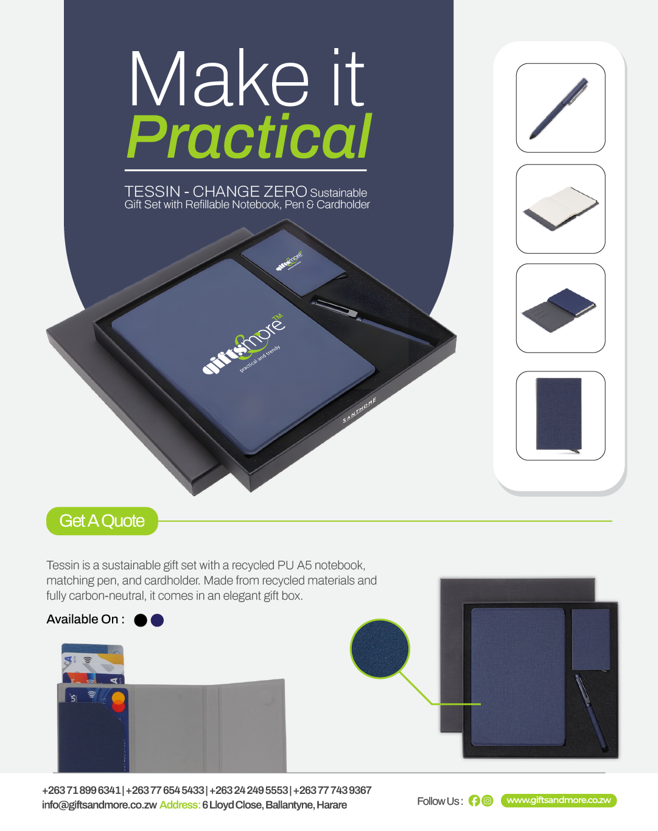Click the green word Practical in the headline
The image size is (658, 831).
[x=249, y=136]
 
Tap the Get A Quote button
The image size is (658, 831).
[x=102, y=521]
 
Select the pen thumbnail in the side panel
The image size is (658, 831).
[x=560, y=108]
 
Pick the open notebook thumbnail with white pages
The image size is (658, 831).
[x=560, y=209]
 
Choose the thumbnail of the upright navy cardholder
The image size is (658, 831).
[x=560, y=415]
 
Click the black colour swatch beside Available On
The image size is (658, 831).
[x=141, y=620]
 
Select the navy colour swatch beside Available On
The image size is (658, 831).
[x=157, y=620]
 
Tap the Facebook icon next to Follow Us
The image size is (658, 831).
[x=474, y=801]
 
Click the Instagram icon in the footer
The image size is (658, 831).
[x=488, y=801]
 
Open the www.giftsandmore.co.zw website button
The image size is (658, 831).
[x=558, y=801]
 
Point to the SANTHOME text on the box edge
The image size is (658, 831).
[x=359, y=410]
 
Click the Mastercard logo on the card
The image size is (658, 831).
[x=119, y=703]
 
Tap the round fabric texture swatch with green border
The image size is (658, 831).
[x=380, y=649]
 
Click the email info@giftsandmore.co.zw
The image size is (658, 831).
[x=99, y=805]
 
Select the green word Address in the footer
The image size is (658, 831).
[x=180, y=805]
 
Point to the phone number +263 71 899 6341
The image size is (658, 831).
[x=82, y=790]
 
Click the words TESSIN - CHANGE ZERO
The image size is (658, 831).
[x=215, y=192]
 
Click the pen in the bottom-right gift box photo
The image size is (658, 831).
[x=592, y=713]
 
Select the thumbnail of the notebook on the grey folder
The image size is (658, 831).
[x=560, y=308]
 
